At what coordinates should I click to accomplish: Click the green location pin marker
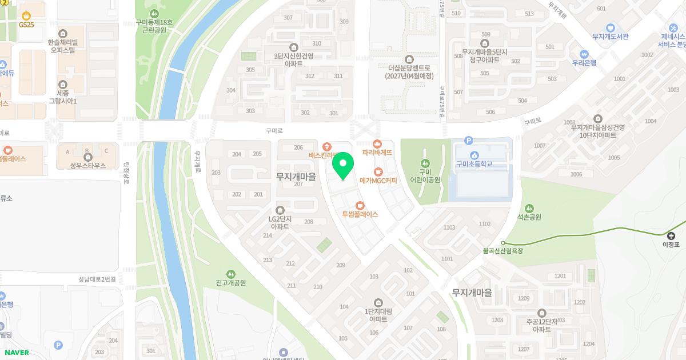click(x=343, y=166)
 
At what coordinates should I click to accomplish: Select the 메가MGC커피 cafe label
click(x=378, y=181)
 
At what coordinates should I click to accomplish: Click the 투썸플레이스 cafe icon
click(x=360, y=206)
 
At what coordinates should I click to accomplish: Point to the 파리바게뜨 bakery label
click(x=377, y=153)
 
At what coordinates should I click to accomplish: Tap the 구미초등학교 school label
click(x=474, y=165)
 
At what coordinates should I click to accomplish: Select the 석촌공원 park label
click(x=529, y=217)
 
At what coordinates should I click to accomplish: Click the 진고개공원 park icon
click(x=231, y=274)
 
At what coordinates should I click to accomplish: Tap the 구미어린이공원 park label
click(x=425, y=175)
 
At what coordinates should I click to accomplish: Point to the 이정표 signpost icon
click(x=671, y=235)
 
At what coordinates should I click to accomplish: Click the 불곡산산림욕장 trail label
click(x=503, y=251)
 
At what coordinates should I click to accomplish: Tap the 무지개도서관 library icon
click(x=611, y=27)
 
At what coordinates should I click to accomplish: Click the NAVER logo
click(x=17, y=353)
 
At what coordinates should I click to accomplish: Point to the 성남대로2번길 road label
click(x=97, y=279)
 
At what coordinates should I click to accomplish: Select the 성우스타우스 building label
click(x=88, y=166)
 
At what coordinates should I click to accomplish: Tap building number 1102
click(x=485, y=224)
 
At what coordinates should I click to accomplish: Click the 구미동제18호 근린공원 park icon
click(x=153, y=14)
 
